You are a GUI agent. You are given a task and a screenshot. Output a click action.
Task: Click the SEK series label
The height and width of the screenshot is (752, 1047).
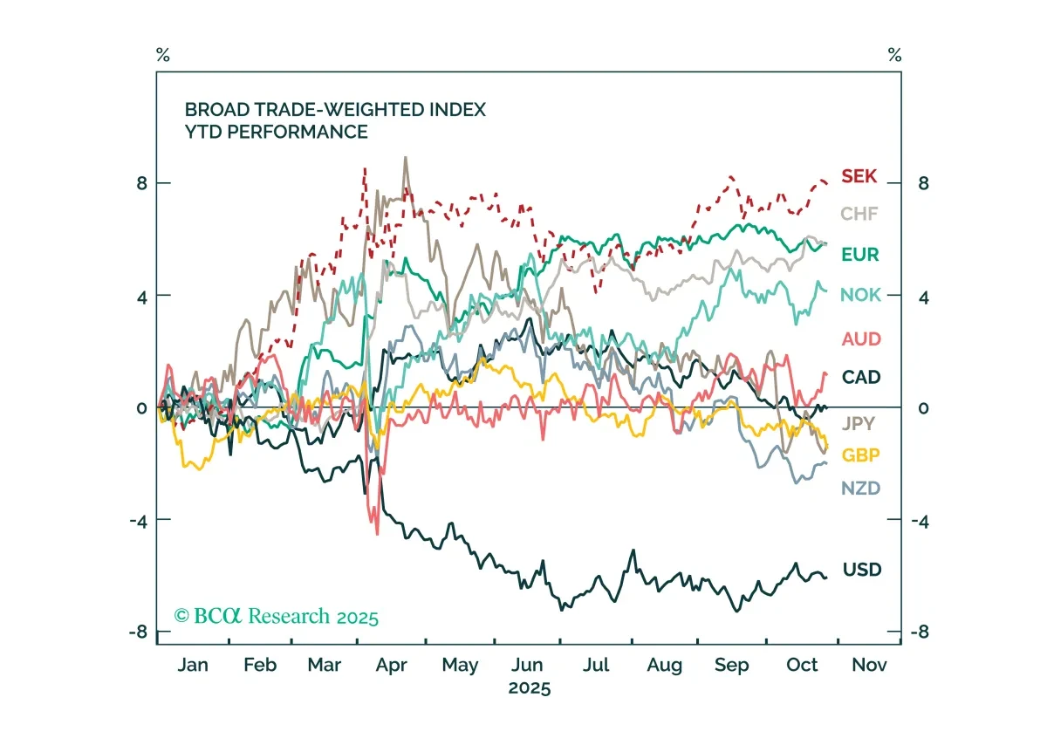(x=859, y=176)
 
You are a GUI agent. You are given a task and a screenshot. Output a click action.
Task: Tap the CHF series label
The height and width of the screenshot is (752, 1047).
(x=859, y=214)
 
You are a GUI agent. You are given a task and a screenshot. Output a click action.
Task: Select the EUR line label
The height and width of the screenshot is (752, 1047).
(x=860, y=255)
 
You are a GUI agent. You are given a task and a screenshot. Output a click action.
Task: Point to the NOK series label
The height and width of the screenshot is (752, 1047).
(x=860, y=295)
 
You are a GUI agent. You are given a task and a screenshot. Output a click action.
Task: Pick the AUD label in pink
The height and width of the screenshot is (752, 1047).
(x=861, y=338)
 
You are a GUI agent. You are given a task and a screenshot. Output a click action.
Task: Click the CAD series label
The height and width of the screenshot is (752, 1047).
(x=861, y=377)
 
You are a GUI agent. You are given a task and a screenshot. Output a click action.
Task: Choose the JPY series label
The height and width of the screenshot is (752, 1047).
(x=859, y=423)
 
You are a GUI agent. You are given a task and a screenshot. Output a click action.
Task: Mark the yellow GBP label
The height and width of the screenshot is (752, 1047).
(x=860, y=455)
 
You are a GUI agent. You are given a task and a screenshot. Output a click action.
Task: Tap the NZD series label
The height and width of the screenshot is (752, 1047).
(x=860, y=489)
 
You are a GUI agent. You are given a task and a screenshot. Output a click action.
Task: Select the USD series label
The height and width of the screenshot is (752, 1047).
(x=862, y=570)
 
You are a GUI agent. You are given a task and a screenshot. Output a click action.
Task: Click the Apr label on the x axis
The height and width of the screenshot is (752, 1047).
(x=391, y=666)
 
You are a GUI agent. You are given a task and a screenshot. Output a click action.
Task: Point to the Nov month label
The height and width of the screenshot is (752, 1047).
(x=869, y=665)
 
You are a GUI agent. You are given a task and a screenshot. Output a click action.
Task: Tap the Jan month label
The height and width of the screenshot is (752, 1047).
(x=193, y=665)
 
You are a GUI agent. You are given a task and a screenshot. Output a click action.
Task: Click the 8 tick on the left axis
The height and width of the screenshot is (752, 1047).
(x=142, y=183)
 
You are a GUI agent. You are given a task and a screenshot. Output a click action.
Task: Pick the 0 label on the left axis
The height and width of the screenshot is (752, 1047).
(x=141, y=408)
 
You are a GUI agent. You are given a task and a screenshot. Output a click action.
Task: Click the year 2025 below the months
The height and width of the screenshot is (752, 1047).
(x=529, y=688)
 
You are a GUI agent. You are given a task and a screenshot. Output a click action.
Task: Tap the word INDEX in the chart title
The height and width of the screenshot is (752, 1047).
(x=457, y=110)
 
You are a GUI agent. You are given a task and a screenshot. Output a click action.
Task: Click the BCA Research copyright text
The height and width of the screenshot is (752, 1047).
(x=276, y=616)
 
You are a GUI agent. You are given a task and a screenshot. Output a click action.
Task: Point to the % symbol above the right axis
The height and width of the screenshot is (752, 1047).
(x=894, y=55)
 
